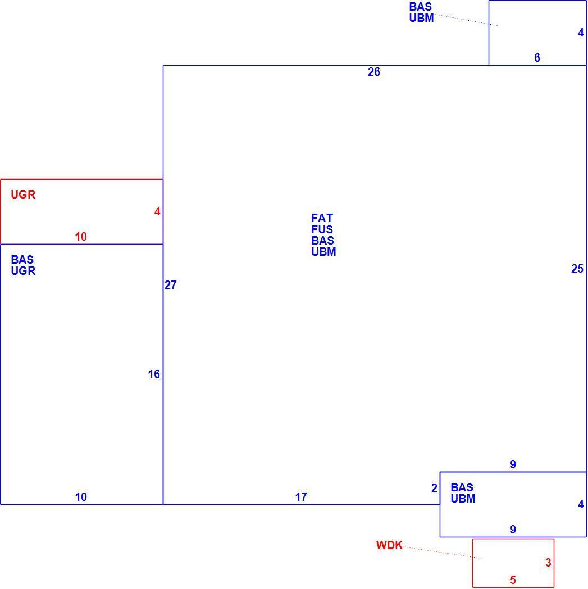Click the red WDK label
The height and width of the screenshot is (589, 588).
(x=389, y=545)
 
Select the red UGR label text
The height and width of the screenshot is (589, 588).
(x=23, y=195)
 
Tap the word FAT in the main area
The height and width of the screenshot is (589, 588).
(x=322, y=218)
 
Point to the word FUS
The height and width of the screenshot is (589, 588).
(x=322, y=229)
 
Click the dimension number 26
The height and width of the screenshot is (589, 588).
(x=373, y=72)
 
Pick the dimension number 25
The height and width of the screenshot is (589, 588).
(x=577, y=269)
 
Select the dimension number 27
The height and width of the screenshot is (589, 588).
(x=170, y=285)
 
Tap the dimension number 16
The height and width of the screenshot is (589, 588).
(x=154, y=374)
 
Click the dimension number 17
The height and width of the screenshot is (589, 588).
(x=301, y=497)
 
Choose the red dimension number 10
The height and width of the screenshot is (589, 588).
(x=81, y=237)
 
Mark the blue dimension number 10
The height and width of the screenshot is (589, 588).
(x=81, y=497)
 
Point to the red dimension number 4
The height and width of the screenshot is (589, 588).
(x=157, y=212)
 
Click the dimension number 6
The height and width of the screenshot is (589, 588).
(x=537, y=58)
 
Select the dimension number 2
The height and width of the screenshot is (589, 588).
(x=434, y=488)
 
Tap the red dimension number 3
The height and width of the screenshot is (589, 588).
(x=548, y=562)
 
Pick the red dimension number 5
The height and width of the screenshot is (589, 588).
(x=513, y=580)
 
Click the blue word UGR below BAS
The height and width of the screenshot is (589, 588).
(x=23, y=271)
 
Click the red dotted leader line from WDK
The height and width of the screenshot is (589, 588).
(x=443, y=553)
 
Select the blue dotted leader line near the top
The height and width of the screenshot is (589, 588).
(x=467, y=20)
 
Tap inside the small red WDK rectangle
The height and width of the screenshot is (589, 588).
(x=513, y=563)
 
